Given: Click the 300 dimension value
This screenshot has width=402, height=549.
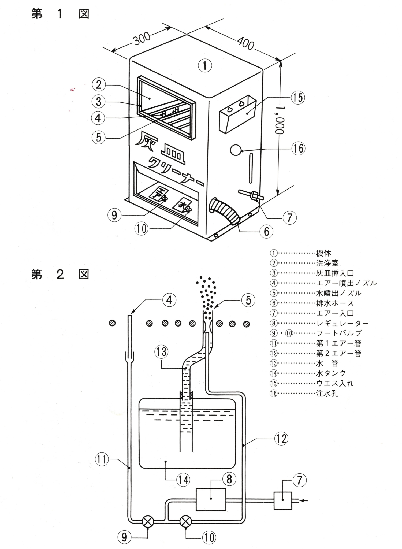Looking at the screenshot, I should pos(142,40).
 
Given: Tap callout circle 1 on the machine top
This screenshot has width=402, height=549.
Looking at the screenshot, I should pos(205,65).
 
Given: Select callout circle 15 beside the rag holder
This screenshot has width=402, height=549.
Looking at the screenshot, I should pos(298,98).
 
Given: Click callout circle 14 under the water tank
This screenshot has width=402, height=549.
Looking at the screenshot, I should pos(184,480).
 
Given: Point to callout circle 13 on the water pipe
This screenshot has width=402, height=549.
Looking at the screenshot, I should pos(162,352).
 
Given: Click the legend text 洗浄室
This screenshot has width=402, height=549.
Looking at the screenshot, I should pos(327,263).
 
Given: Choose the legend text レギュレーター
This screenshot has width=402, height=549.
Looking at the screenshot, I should pos(342,323).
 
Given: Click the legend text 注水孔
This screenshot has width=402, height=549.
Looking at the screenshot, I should pos(327,394).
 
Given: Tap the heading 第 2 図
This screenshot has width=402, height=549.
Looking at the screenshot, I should pos(60,274).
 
